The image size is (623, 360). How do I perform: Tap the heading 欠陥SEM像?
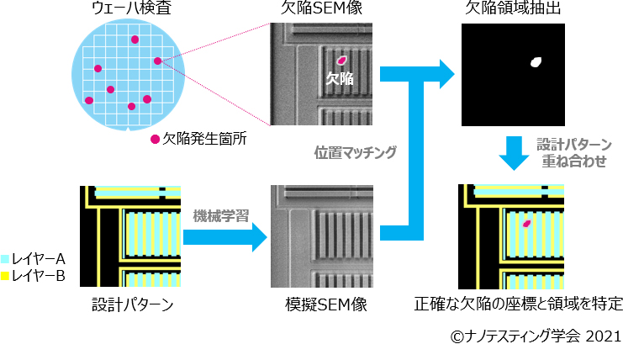(323, 9)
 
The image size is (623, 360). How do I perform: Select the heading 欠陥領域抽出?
(508, 9)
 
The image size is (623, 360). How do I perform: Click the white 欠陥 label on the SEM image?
(340, 78)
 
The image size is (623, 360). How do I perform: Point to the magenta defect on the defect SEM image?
(342, 60)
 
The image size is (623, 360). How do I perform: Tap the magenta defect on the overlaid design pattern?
(527, 224)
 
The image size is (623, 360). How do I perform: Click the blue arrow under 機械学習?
(224, 236)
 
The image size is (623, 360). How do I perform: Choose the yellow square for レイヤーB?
(6, 274)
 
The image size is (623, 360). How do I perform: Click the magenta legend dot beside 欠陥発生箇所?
(155, 139)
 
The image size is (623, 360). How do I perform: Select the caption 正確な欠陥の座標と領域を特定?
(519, 304)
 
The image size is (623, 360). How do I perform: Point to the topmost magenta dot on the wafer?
(134, 40)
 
